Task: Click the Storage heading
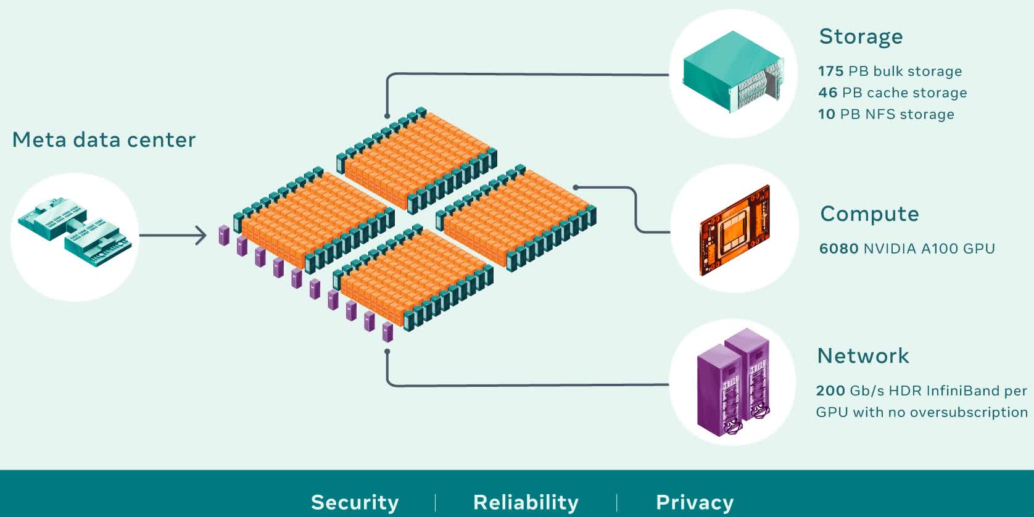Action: click(x=861, y=37)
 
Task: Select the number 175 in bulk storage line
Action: click(x=830, y=72)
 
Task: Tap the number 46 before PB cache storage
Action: click(x=827, y=93)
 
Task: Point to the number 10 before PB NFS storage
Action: click(x=826, y=115)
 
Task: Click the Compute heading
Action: click(x=869, y=214)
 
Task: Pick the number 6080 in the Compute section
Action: click(x=838, y=249)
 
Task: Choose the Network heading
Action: click(x=862, y=356)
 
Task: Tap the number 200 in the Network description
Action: click(x=830, y=391)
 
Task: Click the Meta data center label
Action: click(x=104, y=140)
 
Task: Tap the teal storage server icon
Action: click(x=732, y=73)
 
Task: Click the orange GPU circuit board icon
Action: click(x=735, y=230)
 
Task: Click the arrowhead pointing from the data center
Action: click(x=202, y=235)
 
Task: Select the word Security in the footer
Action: click(x=355, y=502)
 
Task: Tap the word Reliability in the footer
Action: click(x=526, y=502)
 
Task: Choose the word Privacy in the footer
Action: click(x=695, y=502)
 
